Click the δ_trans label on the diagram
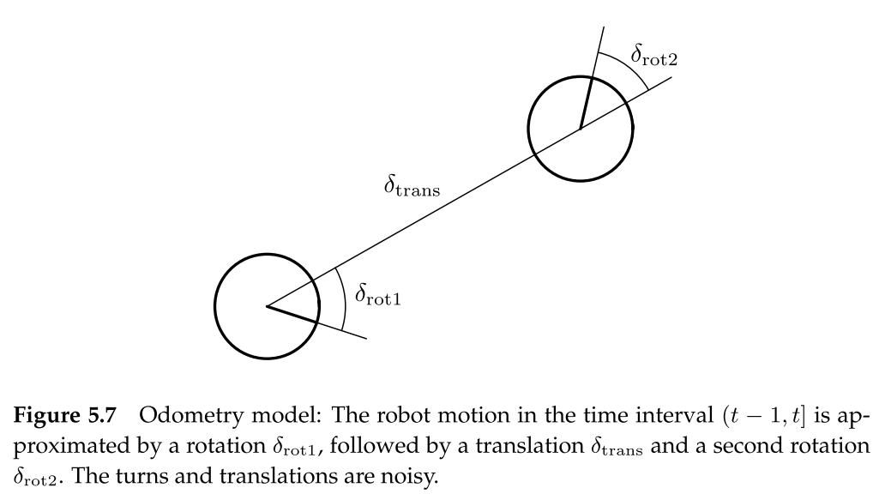[412, 185]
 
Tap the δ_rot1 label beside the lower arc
[378, 297]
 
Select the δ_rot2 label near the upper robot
[656, 57]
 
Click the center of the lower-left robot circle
[267, 306]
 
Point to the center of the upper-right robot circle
[581, 130]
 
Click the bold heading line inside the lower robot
[292, 315]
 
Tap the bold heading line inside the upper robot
[586, 104]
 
